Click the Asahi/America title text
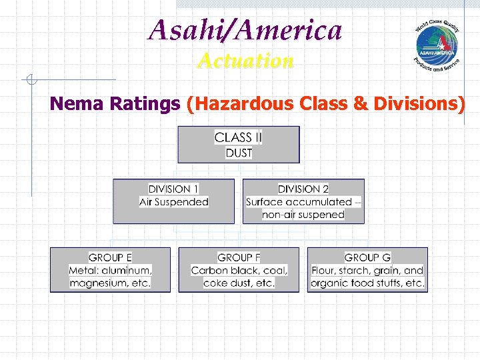click(x=245, y=30)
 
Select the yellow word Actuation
click(x=245, y=61)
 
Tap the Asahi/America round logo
click(x=436, y=45)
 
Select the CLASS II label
click(x=238, y=137)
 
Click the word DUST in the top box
click(x=239, y=153)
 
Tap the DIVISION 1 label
click(x=173, y=189)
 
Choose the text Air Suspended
click(x=173, y=202)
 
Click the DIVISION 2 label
click(x=303, y=189)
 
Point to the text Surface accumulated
click(x=299, y=202)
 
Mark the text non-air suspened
click(x=303, y=215)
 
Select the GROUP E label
click(x=110, y=257)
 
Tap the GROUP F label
click(x=239, y=257)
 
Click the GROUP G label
click(x=367, y=257)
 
